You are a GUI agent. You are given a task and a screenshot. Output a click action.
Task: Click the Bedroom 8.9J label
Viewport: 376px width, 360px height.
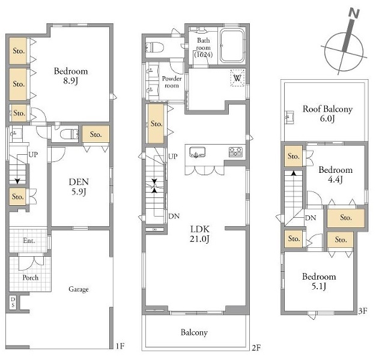(71, 76)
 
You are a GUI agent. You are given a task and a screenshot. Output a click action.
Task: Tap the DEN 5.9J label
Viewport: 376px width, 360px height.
(79, 187)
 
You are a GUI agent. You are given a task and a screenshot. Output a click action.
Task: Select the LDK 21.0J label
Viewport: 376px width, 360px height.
(200, 234)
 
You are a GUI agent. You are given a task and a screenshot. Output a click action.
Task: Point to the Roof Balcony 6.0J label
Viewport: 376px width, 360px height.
(327, 113)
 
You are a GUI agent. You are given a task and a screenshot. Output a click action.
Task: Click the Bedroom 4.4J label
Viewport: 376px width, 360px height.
(336, 175)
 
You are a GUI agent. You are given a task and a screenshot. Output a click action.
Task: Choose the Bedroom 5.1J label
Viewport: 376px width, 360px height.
(319, 281)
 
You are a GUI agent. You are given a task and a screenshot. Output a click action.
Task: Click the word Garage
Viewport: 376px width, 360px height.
(79, 289)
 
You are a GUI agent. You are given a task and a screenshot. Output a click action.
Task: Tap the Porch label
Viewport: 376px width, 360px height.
(31, 277)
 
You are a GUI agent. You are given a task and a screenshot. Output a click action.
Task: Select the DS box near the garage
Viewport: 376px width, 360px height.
(13, 302)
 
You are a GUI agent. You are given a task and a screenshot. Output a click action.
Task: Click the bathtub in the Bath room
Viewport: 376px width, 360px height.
(232, 46)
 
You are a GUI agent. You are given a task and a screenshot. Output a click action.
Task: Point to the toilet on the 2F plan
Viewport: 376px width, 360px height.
(155, 47)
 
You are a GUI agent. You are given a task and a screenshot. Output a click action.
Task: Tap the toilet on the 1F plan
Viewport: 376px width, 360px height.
(69, 134)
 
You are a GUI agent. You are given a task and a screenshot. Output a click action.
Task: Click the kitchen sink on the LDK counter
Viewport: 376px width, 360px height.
(197, 152)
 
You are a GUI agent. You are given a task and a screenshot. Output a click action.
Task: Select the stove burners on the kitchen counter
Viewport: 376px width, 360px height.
(235, 152)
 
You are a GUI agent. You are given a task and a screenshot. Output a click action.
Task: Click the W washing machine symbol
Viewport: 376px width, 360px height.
(237, 78)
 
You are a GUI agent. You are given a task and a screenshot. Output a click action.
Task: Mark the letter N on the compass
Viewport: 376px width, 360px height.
(354, 13)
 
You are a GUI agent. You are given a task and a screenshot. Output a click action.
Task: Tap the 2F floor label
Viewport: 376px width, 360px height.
(256, 347)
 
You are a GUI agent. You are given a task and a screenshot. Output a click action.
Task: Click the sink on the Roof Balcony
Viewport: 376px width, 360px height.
(290, 118)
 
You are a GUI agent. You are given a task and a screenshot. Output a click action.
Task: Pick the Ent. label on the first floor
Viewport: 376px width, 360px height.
(29, 240)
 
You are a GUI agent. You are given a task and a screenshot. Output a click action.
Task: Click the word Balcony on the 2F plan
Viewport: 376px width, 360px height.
(194, 332)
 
